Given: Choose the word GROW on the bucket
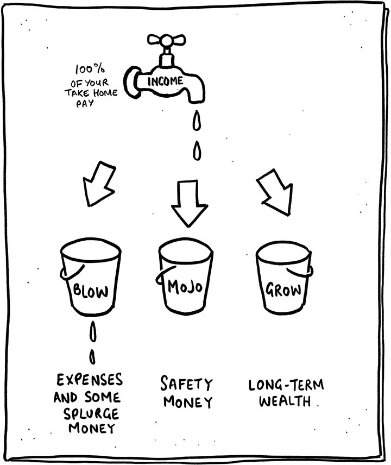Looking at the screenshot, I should coord(284,288).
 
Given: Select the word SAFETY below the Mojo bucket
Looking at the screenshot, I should coord(186,385).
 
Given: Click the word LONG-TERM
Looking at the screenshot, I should coord(286,386).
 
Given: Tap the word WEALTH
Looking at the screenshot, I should coord(286,402).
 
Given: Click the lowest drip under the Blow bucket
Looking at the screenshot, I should coord(92,357).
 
